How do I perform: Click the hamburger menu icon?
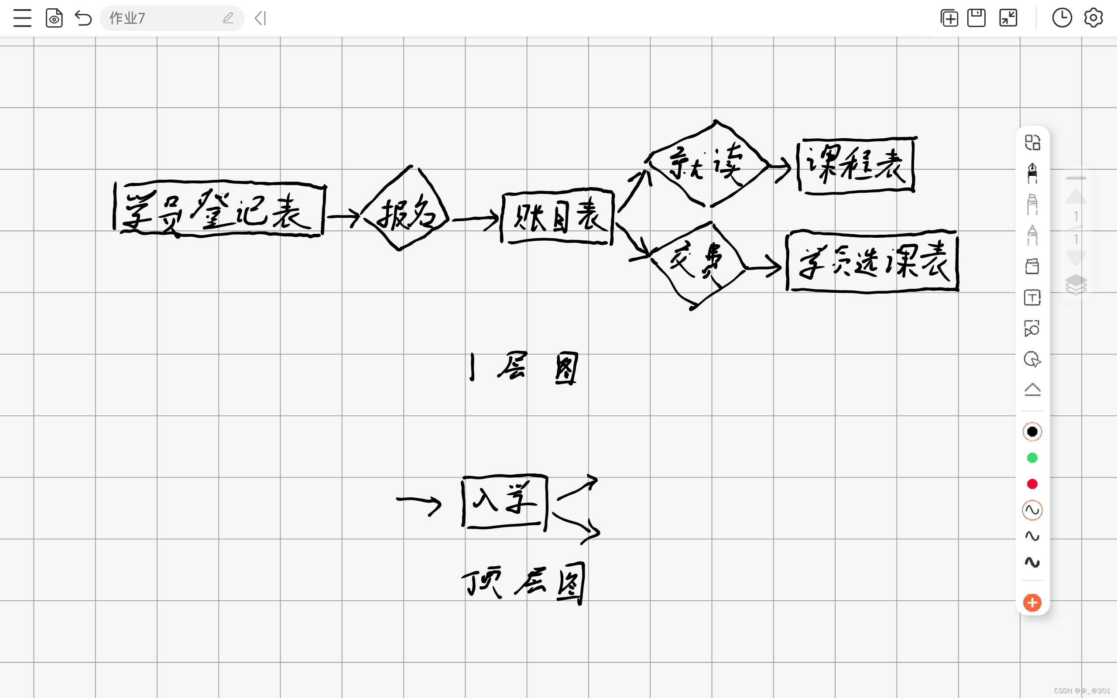point(22,18)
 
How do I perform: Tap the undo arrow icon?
point(83,18)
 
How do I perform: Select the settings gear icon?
point(1093,18)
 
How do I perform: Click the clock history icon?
point(1062,18)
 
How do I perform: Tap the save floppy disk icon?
point(976,18)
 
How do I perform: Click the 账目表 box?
point(557,216)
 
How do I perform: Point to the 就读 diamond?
point(707,164)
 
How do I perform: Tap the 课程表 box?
point(856,165)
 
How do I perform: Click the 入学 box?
point(504,501)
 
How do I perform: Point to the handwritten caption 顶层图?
point(524,582)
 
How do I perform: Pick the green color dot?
point(1032,458)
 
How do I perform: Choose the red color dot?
point(1032,484)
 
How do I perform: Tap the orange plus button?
point(1032,603)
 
